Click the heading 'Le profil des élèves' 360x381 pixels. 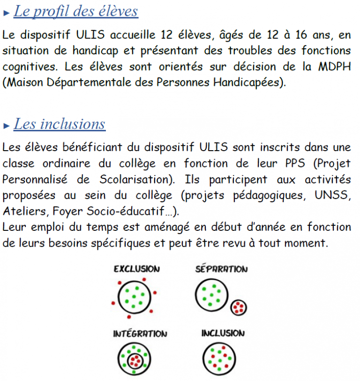76,11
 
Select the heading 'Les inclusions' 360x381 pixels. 60,124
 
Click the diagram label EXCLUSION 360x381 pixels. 136,269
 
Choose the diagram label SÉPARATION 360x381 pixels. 221,269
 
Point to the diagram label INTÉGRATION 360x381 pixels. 140,334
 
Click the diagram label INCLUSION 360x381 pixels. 223,333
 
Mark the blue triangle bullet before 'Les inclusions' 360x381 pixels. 7,126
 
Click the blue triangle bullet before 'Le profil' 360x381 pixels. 7,13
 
